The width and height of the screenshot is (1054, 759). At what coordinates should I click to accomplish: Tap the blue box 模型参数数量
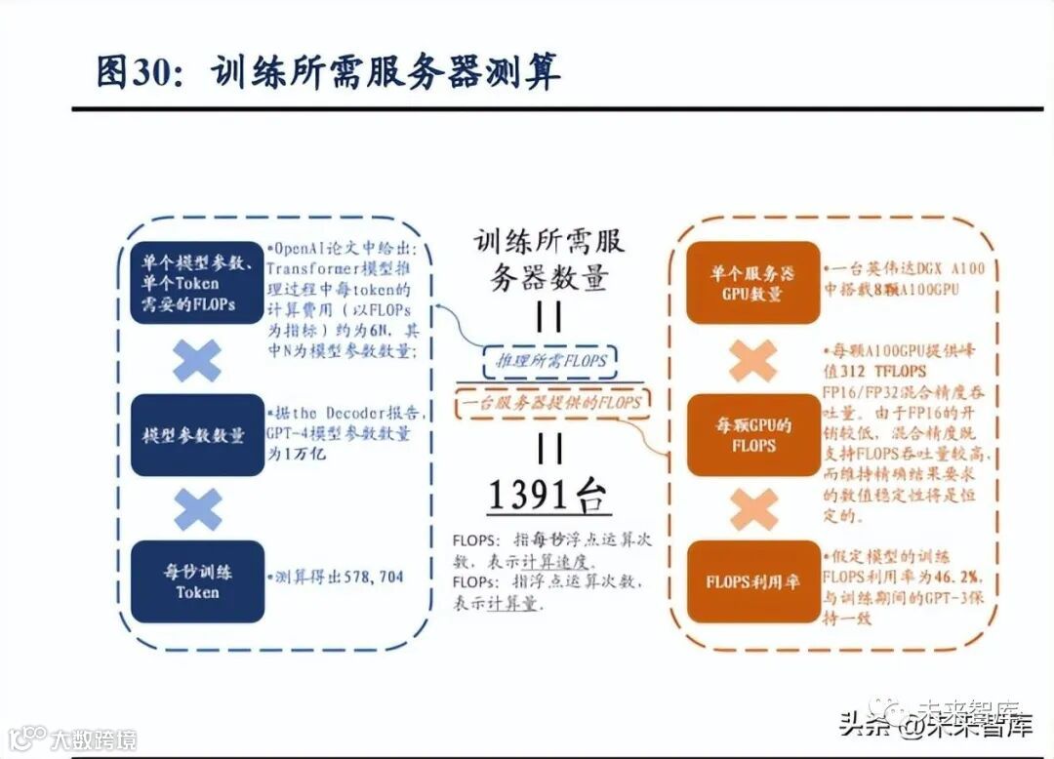pos(197,435)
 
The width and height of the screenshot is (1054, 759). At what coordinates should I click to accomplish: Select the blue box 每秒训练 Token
pos(197,580)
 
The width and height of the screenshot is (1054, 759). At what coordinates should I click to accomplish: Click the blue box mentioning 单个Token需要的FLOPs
pos(197,284)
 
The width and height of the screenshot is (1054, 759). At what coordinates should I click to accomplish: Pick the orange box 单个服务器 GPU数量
pos(751,283)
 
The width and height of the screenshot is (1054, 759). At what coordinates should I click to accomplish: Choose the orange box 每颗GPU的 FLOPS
pos(751,435)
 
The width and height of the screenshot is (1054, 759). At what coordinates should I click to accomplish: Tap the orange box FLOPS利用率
pos(751,582)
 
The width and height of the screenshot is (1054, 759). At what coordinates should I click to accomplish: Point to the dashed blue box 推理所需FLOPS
pos(548,360)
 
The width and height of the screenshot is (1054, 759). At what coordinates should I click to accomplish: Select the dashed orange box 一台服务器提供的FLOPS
pos(550,403)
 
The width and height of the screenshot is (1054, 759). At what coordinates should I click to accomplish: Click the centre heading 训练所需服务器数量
pos(548,260)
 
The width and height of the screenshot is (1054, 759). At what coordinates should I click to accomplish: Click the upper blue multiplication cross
pos(197,360)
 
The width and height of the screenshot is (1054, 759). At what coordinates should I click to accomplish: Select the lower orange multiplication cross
pos(752,509)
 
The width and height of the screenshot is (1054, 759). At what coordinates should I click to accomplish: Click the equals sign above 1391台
pos(549,448)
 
